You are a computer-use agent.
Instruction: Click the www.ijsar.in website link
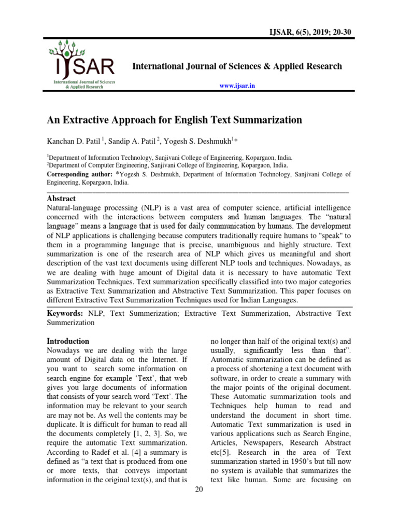tap(238, 86)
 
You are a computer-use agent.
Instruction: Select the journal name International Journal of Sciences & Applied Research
tap(237, 66)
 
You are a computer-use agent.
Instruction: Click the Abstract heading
tap(61, 199)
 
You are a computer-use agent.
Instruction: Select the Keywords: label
tap(65, 313)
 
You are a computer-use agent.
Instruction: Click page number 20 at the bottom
tap(199, 491)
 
